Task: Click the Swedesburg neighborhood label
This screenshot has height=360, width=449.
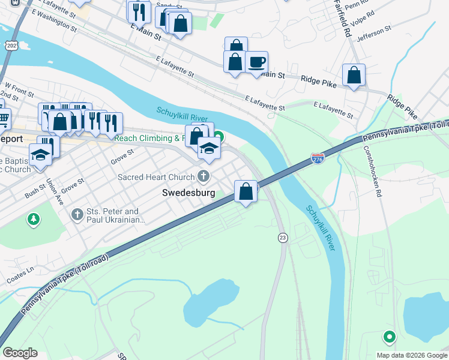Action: [x=189, y=193]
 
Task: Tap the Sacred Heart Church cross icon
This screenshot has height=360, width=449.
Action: [x=203, y=176]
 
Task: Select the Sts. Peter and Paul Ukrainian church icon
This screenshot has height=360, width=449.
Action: [x=77, y=214]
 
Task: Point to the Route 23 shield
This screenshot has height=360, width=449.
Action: [x=282, y=238]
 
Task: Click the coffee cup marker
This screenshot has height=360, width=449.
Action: [x=257, y=62]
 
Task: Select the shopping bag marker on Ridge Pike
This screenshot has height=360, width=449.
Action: [x=354, y=76]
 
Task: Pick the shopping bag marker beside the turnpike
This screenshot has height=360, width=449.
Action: [x=246, y=192]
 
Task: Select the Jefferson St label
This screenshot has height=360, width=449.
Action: [x=373, y=31]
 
